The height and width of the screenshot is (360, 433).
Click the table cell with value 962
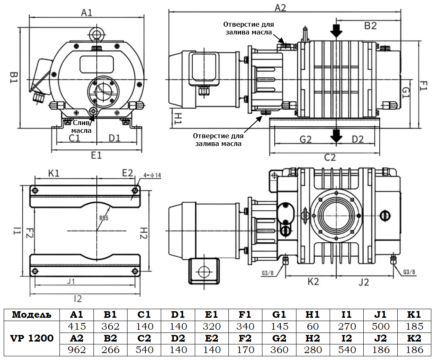tap(76, 350)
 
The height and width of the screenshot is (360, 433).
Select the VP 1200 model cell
tap(32, 338)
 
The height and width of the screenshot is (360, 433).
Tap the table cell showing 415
tap(76, 326)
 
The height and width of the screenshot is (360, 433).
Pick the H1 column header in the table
tap(312, 314)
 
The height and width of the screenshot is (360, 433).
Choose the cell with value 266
tap(110, 350)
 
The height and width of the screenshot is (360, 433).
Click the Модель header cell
tap(32, 314)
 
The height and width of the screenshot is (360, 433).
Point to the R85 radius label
tap(103, 218)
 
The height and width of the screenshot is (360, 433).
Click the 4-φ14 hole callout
tap(152, 175)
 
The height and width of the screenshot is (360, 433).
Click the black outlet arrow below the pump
tap(336, 136)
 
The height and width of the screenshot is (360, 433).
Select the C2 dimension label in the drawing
tap(330, 157)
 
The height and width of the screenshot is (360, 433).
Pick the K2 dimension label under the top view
tap(313, 282)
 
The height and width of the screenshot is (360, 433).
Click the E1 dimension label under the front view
tap(96, 155)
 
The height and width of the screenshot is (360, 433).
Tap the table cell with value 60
tap(312, 326)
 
